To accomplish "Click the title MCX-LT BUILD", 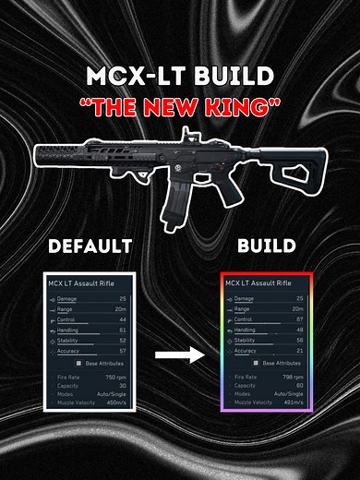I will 180,74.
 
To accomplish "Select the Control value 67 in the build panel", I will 302,319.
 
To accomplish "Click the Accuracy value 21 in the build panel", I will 302,351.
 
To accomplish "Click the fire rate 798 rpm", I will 293,378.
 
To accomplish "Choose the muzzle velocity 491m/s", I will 292,403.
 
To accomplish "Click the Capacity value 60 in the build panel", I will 302,386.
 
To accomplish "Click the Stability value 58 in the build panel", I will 302,341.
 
